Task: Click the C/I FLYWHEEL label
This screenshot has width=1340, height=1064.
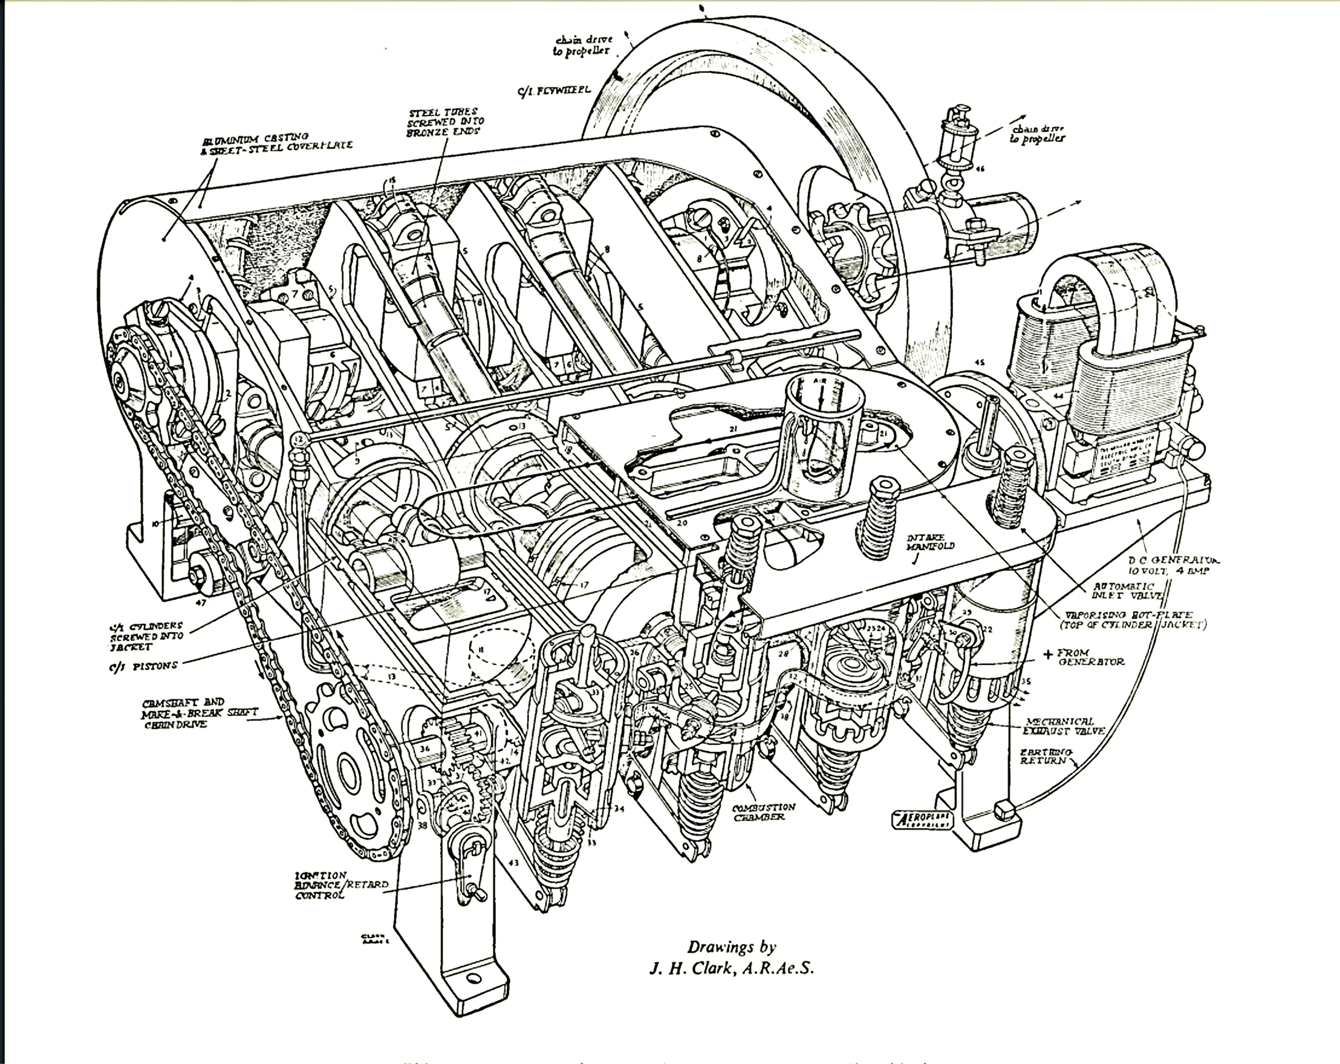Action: click(554, 92)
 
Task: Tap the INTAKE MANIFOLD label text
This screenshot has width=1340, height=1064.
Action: click(930, 542)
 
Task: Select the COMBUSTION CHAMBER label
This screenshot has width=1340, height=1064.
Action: click(764, 812)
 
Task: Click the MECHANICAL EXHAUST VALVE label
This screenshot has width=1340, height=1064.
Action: click(1064, 726)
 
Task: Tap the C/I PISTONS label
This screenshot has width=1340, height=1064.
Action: click(142, 665)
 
